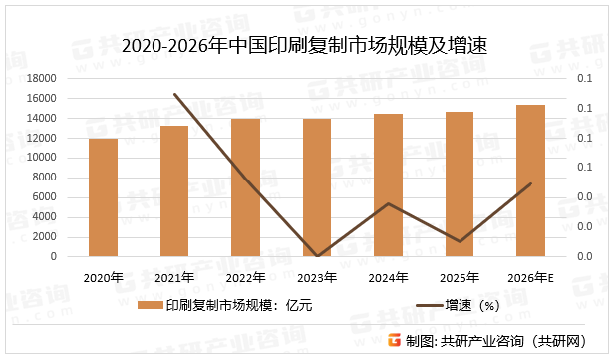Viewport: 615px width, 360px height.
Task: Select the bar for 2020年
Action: pyautogui.click(x=104, y=197)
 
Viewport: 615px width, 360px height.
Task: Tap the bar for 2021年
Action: pyautogui.click(x=174, y=191)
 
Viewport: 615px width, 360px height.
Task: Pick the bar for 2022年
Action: pyautogui.click(x=245, y=187)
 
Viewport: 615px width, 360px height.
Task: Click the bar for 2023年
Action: pyautogui.click(x=317, y=187)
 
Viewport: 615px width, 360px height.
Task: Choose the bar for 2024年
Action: pyautogui.click(x=388, y=185)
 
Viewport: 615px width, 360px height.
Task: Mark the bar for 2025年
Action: pyautogui.click(x=460, y=184)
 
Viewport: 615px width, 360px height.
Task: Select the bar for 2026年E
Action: pyautogui.click(x=530, y=180)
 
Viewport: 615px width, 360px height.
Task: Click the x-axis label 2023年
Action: pyautogui.click(x=317, y=277)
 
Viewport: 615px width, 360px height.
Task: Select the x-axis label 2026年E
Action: pyautogui.click(x=530, y=277)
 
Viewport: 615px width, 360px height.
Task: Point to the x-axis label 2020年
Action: pyautogui.click(x=104, y=277)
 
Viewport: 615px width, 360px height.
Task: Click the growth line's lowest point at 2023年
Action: pyautogui.click(x=317, y=256)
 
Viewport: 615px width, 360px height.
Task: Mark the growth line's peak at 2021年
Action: pyautogui.click(x=175, y=95)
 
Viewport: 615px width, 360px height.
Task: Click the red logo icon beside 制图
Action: pyautogui.click(x=394, y=340)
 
